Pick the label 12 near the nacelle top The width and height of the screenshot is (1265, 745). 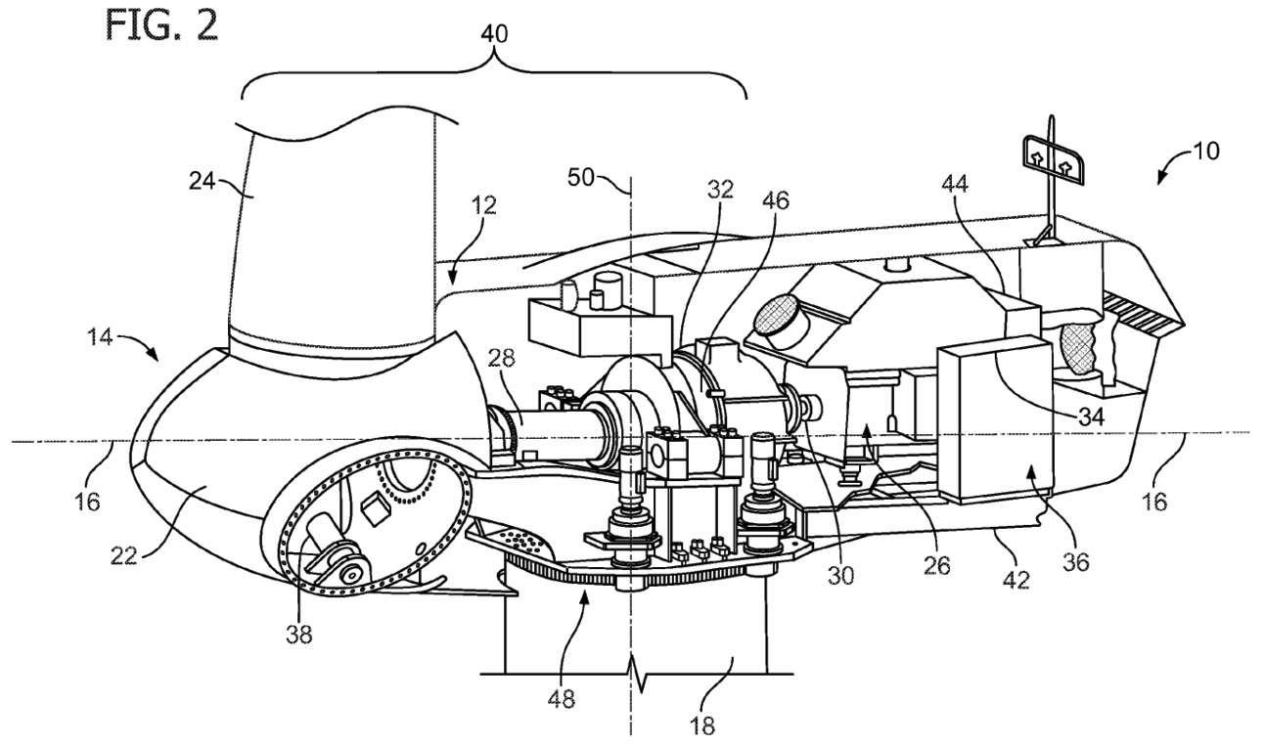point(482,205)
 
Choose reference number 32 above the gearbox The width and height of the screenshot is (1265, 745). point(722,191)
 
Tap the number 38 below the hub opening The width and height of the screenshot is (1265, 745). point(299,634)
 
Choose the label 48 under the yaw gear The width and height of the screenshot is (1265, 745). point(563,699)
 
